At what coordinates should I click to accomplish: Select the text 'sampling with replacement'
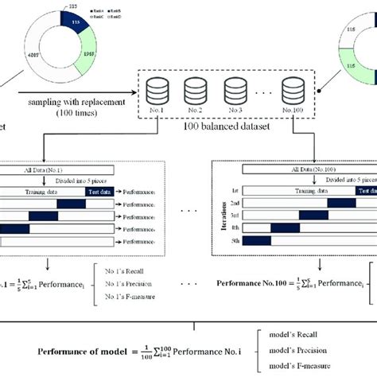55,103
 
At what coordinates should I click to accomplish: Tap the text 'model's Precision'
325,350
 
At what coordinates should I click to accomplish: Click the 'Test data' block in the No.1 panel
100,191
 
